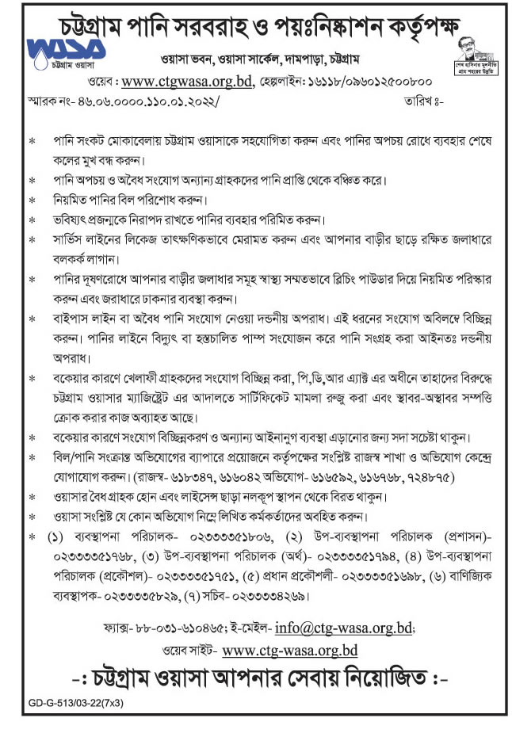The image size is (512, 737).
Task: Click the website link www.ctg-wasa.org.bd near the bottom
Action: pyautogui.click(x=290, y=651)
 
